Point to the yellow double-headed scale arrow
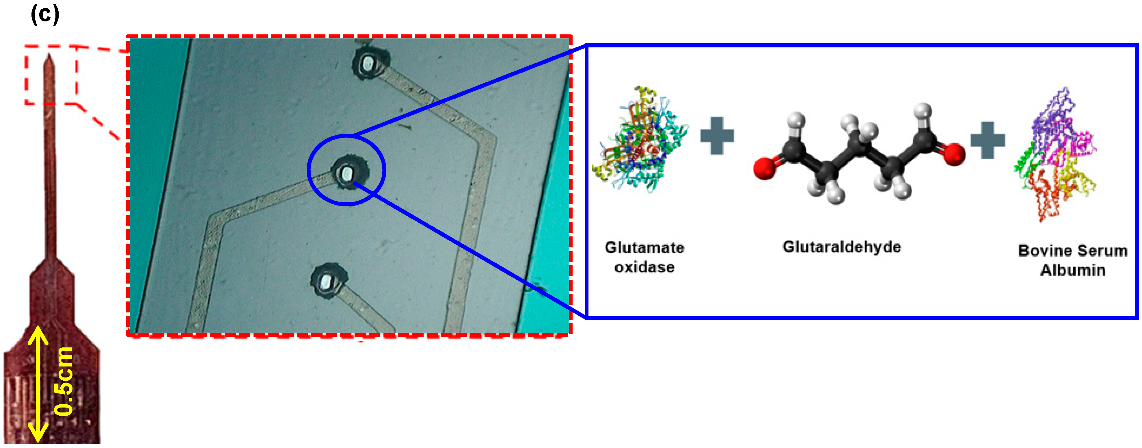[38, 384]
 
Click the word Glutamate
[644, 247]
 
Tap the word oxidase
[644, 267]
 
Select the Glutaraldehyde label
[841, 247]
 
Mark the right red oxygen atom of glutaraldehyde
[953, 154]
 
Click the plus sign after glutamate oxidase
[717, 136]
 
